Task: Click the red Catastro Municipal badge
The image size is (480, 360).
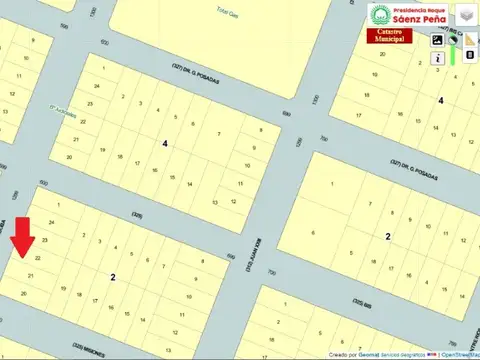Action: click(x=397, y=36)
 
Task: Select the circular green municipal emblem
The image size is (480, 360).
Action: click(x=381, y=14)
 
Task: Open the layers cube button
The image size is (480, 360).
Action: click(x=465, y=14)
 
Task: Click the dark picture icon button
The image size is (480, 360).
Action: click(x=438, y=40)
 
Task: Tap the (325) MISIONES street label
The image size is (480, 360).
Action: click(x=90, y=343)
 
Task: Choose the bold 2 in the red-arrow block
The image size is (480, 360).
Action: click(x=113, y=276)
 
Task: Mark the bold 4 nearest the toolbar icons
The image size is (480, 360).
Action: click(x=440, y=100)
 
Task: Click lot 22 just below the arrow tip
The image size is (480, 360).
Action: click(x=37, y=258)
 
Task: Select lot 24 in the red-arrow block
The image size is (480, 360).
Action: click(x=51, y=222)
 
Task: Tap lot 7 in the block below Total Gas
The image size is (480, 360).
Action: click(x=219, y=134)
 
